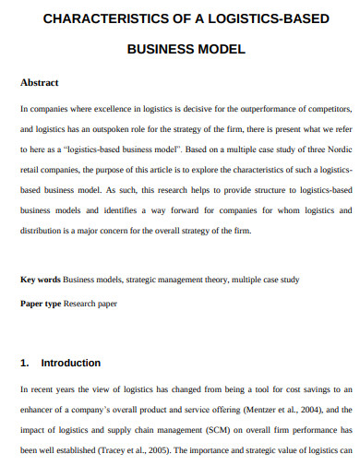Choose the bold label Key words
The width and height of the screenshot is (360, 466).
pos(41,279)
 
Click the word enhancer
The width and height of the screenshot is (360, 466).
pos(40,410)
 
